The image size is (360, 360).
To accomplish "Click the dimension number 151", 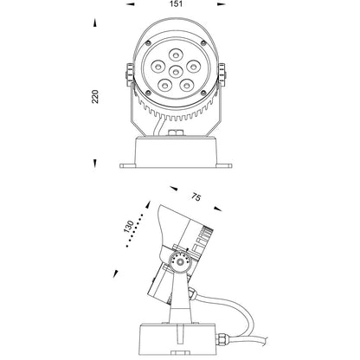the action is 177,4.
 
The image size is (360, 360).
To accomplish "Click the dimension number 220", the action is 95,97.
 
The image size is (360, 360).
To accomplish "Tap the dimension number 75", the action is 196,197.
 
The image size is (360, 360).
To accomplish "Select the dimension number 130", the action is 129,227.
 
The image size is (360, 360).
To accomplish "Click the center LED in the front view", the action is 175,71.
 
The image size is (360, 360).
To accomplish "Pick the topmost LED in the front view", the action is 176,55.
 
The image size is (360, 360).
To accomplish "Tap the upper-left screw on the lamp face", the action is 148,43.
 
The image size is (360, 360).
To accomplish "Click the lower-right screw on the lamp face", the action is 203,93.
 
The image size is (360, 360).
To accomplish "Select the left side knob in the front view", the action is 130,74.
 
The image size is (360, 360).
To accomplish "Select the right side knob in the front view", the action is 222,74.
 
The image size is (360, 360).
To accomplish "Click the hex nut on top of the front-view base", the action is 176,132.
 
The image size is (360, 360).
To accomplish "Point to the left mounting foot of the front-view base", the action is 128,166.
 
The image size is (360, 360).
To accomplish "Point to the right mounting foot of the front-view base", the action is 224,166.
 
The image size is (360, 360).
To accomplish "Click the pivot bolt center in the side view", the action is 180,262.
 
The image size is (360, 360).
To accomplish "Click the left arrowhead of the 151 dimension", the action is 131,4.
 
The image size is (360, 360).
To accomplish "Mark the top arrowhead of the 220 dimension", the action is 94,23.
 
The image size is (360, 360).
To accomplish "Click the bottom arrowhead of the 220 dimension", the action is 94,164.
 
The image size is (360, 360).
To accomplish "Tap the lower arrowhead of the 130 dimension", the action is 116,273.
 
